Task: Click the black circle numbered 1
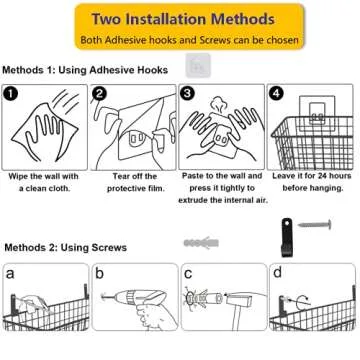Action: coord(12,94)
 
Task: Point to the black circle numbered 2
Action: coord(100,94)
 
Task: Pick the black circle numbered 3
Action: coord(188,94)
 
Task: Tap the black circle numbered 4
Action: coord(277,94)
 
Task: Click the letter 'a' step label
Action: coord(11,272)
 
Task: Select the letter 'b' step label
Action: coord(100,272)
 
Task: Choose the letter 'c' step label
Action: coord(188,272)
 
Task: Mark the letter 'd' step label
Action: coord(277,272)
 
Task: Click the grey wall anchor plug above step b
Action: coord(199,243)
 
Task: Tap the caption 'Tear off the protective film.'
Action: coord(132,181)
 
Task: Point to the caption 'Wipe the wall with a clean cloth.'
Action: coord(45,181)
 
